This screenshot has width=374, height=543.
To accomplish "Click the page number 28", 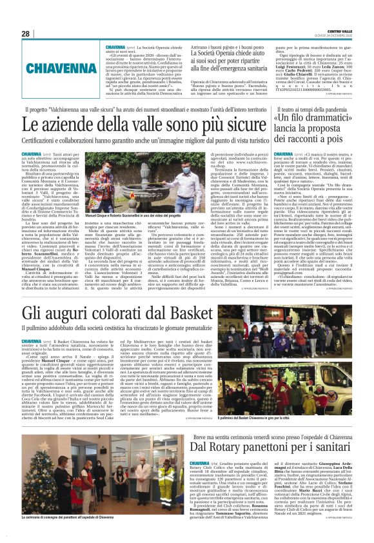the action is point(26,34).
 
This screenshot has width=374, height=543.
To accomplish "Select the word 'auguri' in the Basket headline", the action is point(58,315).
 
